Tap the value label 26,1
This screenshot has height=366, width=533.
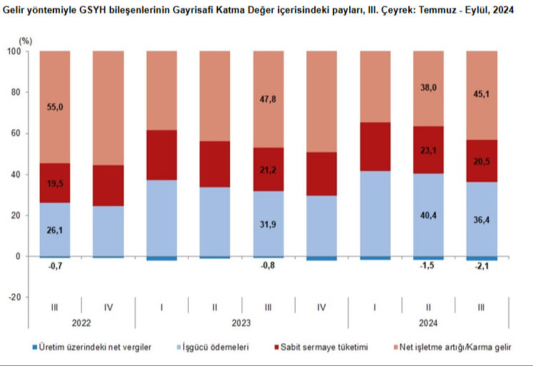pyautogui.click(x=54, y=230)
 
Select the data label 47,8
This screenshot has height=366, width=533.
pyautogui.click(x=268, y=99)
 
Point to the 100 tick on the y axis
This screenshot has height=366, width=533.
pyautogui.click(x=14, y=51)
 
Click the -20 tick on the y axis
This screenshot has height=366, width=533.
pyautogui.click(x=14, y=298)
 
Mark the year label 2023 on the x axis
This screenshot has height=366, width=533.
pyautogui.click(x=242, y=322)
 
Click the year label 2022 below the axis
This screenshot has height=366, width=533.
pyautogui.click(x=81, y=322)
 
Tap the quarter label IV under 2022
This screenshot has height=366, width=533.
pyautogui.click(x=108, y=307)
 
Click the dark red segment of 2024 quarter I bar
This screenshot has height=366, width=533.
pyautogui.click(x=375, y=146)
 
